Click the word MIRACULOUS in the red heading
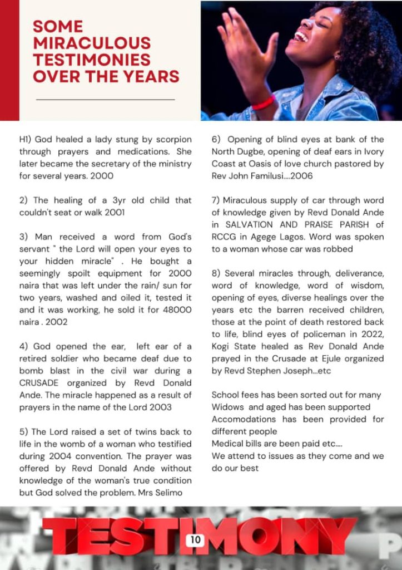click(x=91, y=43)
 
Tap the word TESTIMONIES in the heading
click(x=91, y=60)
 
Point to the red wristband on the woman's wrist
click(x=263, y=104)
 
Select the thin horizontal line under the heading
click(x=105, y=100)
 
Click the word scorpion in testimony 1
click(x=171, y=139)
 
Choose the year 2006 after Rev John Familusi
click(x=301, y=176)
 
